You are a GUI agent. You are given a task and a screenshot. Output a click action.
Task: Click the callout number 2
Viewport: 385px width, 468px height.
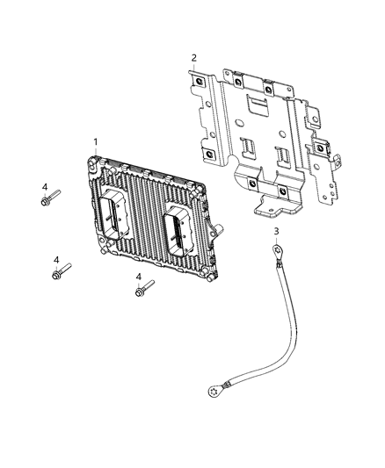[194, 59]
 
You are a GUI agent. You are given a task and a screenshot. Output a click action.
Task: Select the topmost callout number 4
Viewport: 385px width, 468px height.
[44, 187]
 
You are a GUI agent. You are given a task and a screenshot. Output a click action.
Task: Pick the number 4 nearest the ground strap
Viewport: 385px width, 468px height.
[139, 278]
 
